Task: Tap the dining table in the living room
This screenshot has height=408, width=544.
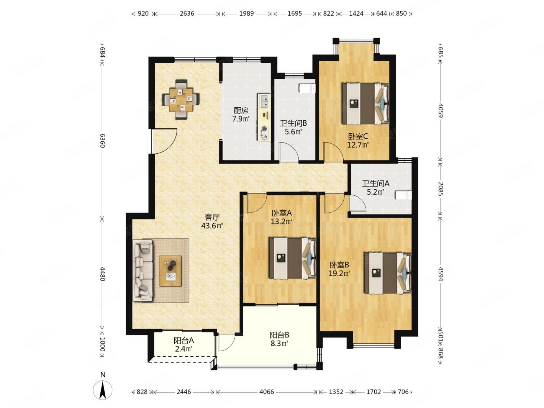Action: pyautogui.click(x=181, y=100)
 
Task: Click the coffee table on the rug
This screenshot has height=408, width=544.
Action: pyautogui.click(x=170, y=271)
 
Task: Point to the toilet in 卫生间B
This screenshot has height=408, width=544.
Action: pyautogui.click(x=307, y=88)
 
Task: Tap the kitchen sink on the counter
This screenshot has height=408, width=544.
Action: pyautogui.click(x=265, y=101)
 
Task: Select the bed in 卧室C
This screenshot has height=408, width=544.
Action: pyautogui.click(x=365, y=103)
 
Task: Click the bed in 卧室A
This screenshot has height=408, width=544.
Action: pyautogui.click(x=292, y=257)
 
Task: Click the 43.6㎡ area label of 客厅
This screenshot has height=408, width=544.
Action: pyautogui.click(x=212, y=226)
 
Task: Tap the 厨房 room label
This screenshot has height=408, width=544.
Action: pyautogui.click(x=241, y=110)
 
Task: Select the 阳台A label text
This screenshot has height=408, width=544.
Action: pyautogui.click(x=184, y=340)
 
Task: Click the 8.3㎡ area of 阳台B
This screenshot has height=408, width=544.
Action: pyautogui.click(x=279, y=344)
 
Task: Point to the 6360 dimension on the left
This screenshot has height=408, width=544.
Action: pyautogui.click(x=102, y=141)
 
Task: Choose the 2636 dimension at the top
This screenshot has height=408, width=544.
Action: pyautogui.click(x=187, y=13)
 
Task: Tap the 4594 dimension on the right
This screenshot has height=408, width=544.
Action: pyautogui.click(x=441, y=274)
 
